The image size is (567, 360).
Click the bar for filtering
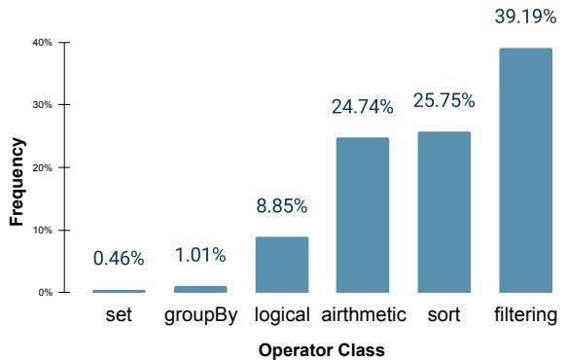524,170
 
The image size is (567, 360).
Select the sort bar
443,212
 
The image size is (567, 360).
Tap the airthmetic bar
362,215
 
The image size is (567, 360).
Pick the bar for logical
282,265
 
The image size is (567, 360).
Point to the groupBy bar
200,289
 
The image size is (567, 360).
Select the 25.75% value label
443,100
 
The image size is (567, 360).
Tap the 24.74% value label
363,106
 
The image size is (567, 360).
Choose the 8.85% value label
282,206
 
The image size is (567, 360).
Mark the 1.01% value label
200,255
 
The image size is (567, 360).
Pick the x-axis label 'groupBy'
200,316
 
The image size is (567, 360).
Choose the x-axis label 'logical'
282,316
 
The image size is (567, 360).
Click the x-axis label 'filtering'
524,316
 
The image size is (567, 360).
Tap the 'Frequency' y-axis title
16,181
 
